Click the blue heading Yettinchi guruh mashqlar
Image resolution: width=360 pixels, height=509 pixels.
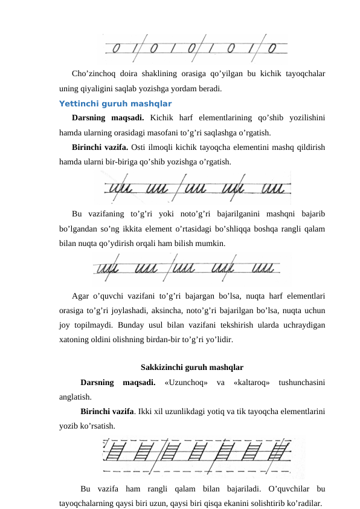coord(115,103)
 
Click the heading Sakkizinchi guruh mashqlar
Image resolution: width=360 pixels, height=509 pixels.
coord(192,367)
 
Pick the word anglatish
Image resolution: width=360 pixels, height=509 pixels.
coord(76,397)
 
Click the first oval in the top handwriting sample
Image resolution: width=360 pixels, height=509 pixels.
coord(117,48)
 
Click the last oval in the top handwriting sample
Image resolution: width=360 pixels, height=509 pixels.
coord(272,47)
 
